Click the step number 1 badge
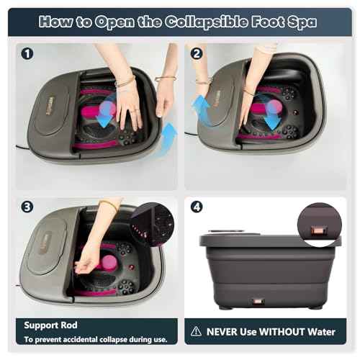coord(27,53)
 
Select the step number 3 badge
coord(27,206)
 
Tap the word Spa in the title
coord(300,21)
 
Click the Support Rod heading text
coord(52,325)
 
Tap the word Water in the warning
coord(318,332)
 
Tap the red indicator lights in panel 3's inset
coord(142,233)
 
